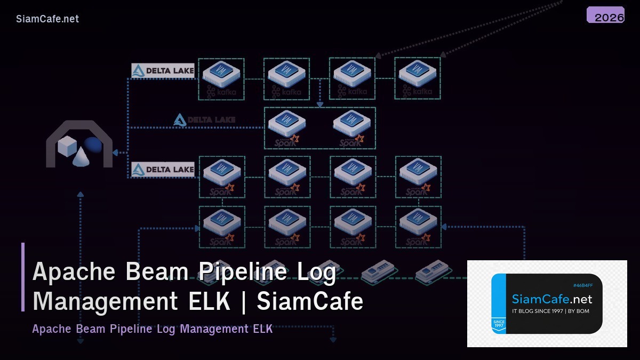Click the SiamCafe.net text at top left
(47, 19)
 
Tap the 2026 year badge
(606, 17)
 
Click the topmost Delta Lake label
(163, 70)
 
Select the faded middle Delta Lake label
(204, 120)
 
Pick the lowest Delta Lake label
(163, 170)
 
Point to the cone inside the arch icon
(81, 156)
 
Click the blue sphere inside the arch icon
(93, 145)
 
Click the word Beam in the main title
(157, 271)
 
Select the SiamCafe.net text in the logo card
(551, 299)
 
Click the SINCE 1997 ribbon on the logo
(499, 324)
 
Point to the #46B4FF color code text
(582, 286)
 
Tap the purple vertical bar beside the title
(23, 277)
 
